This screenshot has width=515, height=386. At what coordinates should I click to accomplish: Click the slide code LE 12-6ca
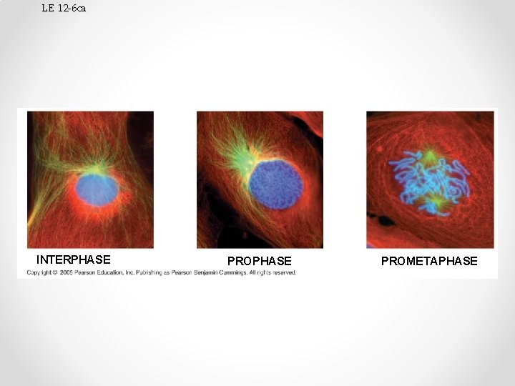(x=64, y=8)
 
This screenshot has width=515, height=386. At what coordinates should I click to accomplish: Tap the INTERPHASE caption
(x=73, y=259)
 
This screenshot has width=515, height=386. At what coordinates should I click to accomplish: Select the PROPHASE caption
(x=259, y=261)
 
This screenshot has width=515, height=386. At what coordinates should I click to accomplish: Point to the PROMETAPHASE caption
(x=429, y=261)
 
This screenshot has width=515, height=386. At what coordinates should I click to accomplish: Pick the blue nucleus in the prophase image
(x=275, y=184)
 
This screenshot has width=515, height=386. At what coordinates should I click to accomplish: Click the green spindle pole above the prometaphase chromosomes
(x=429, y=155)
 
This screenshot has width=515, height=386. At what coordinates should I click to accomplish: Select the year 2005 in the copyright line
(x=68, y=272)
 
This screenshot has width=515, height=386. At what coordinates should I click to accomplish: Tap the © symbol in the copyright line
(x=57, y=272)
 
